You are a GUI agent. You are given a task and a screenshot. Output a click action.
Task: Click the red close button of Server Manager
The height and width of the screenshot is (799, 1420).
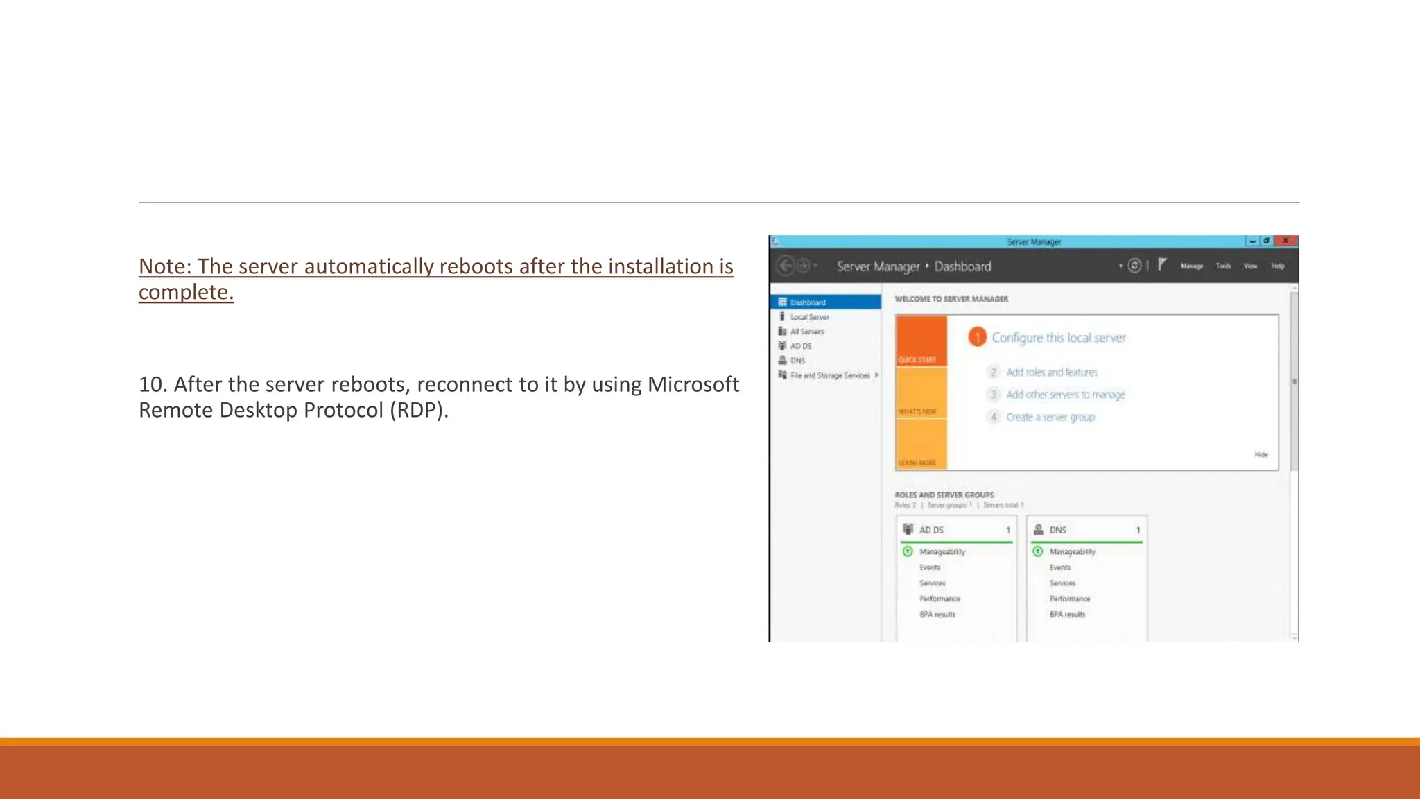coord(1285,241)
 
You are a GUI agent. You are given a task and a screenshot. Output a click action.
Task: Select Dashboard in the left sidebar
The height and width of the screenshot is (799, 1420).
coord(808,302)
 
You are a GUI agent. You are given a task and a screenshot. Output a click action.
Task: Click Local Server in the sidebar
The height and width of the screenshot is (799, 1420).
coord(809,317)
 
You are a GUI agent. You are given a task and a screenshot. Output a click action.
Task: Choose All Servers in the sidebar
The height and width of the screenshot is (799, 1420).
coord(807,332)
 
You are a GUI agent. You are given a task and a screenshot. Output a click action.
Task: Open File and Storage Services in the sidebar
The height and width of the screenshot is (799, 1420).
coord(829,375)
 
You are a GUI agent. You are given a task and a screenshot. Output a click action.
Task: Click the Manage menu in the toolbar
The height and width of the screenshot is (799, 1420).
coord(1192,266)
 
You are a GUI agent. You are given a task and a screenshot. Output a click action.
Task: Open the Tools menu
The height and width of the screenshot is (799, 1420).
coord(1223,266)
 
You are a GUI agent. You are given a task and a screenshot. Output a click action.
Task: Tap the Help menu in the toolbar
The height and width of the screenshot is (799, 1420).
coord(1278,266)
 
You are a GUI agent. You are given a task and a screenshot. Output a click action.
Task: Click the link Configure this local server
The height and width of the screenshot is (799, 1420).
coord(1058,338)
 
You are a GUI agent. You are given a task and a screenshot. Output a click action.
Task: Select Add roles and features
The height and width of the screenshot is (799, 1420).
coord(1051,372)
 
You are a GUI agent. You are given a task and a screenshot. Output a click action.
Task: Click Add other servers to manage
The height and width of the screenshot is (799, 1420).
coord(1065,395)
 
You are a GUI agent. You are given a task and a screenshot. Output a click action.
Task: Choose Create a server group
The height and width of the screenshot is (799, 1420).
coord(1050,417)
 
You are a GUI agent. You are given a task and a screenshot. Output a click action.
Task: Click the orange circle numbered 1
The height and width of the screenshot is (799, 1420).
coord(977,337)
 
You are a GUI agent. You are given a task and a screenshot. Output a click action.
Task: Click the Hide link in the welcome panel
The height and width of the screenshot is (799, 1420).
coord(1261,455)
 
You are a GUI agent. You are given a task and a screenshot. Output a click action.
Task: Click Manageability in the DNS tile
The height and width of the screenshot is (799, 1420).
coord(1072,552)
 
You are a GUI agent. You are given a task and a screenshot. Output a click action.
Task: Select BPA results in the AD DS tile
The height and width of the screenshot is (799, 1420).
coord(937,615)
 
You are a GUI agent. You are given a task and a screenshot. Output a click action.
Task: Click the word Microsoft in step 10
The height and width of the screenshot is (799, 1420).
coord(693,384)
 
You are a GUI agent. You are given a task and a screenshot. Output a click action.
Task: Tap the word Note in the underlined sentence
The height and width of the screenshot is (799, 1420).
coord(164,266)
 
